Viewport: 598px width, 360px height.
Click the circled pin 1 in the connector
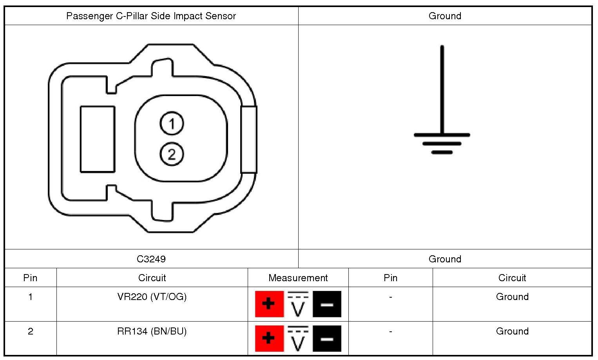[172, 124]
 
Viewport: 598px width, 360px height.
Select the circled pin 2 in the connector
[172, 154]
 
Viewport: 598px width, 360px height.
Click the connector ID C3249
[151, 259]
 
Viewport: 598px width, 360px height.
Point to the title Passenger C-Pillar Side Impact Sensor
[151, 16]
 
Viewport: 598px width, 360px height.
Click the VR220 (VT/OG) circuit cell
[152, 297]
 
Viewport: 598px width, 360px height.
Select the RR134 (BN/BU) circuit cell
[152, 331]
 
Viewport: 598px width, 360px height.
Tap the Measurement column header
[298, 278]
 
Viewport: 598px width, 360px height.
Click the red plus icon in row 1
[269, 304]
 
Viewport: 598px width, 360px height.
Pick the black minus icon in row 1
[327, 304]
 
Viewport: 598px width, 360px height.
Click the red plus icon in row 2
[269, 338]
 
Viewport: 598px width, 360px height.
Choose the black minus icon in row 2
[327, 338]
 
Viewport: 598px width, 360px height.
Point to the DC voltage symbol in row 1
[298, 304]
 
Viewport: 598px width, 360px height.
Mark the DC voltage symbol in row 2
[298, 338]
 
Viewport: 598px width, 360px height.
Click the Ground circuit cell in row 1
[512, 297]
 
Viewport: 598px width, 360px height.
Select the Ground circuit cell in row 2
[512, 331]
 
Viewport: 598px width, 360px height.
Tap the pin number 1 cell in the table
[31, 297]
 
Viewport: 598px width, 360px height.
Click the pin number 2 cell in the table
[31, 331]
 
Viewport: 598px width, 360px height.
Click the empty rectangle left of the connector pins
[98, 139]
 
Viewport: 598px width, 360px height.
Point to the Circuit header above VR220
[152, 278]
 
